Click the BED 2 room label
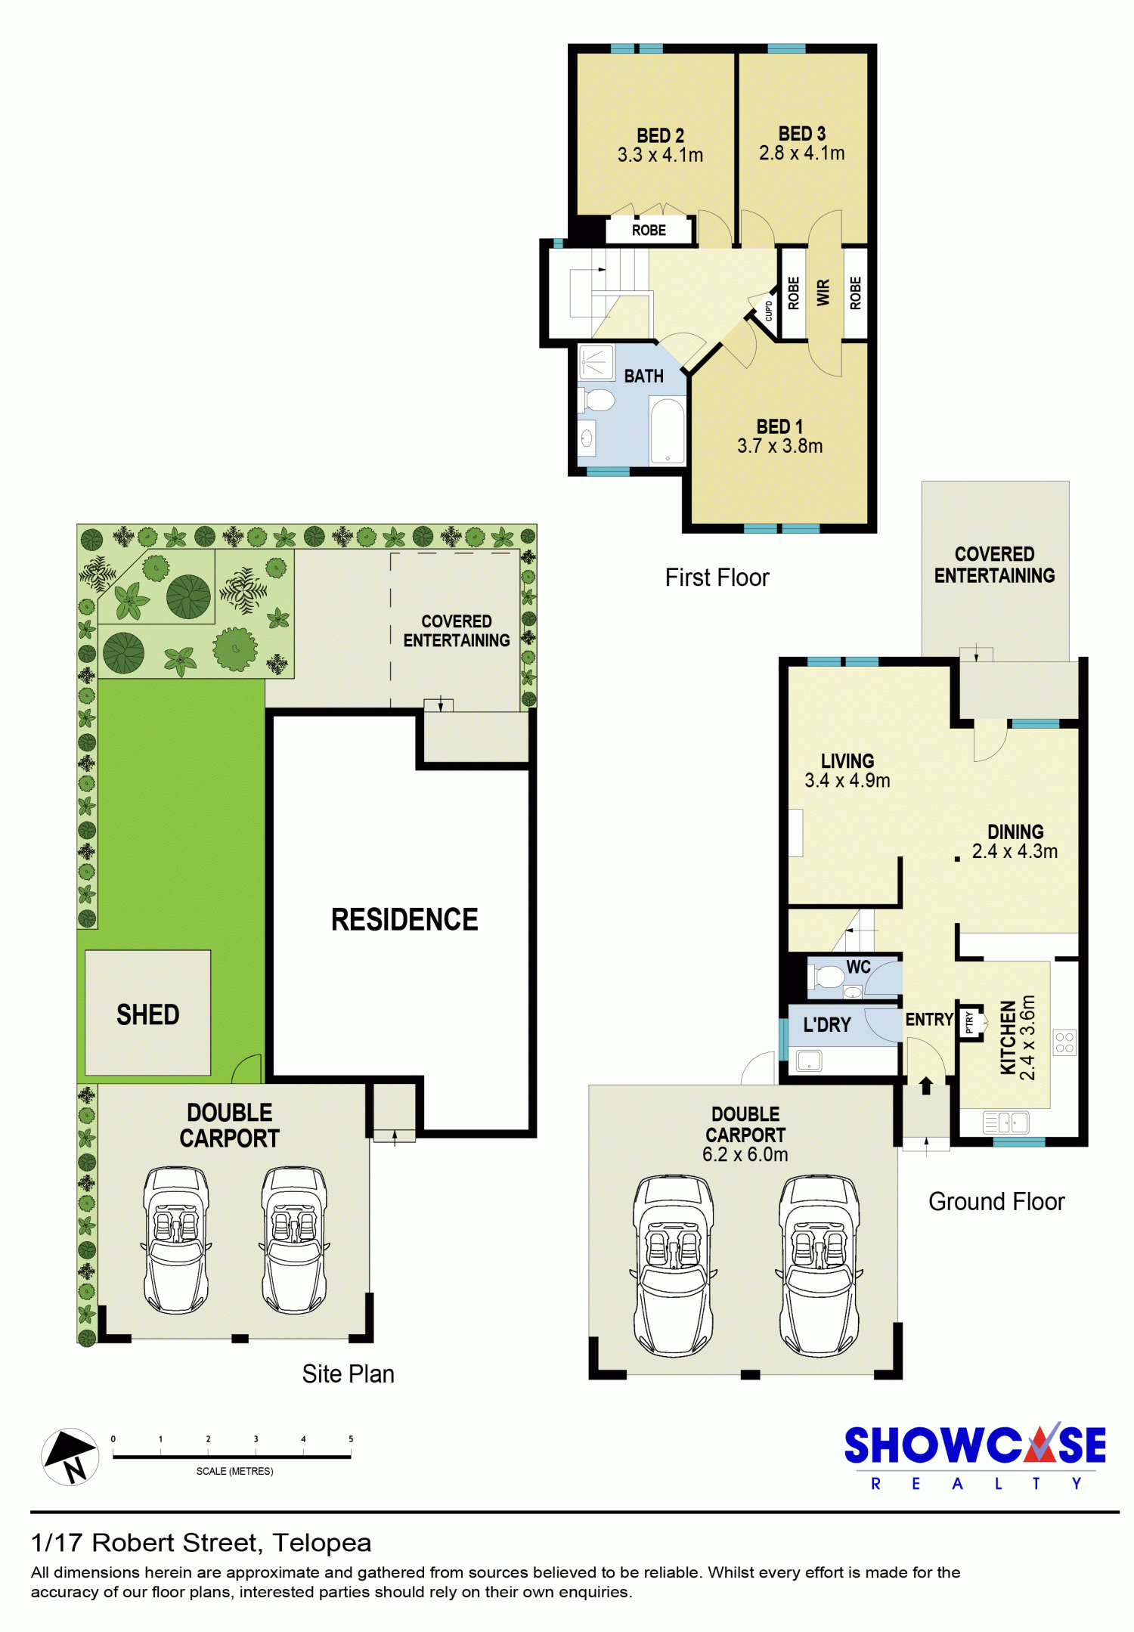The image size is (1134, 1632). pyautogui.click(x=660, y=135)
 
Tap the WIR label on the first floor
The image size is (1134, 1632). pyautogui.click(x=823, y=293)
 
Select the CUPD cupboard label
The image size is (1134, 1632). pyautogui.click(x=769, y=311)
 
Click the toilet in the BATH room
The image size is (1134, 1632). pyautogui.click(x=596, y=400)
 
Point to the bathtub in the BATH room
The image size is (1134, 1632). pyautogui.click(x=668, y=431)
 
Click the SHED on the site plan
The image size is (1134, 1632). pyautogui.click(x=147, y=1013)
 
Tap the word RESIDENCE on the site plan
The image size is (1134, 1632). pyautogui.click(x=404, y=920)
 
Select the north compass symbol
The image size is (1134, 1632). pyautogui.click(x=70, y=1457)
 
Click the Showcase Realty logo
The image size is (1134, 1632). pyautogui.click(x=975, y=1456)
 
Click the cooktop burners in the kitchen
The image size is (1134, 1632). pyautogui.click(x=1064, y=1042)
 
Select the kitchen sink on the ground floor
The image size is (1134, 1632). pyautogui.click(x=1005, y=1123)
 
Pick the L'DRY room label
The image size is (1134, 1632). pyautogui.click(x=827, y=1025)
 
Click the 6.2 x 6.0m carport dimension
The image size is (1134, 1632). pyautogui.click(x=745, y=1154)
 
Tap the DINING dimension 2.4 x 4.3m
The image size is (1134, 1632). pyautogui.click(x=1015, y=851)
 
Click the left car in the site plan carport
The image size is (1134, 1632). pyautogui.click(x=176, y=1240)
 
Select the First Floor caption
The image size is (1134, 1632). pyautogui.click(x=717, y=578)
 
